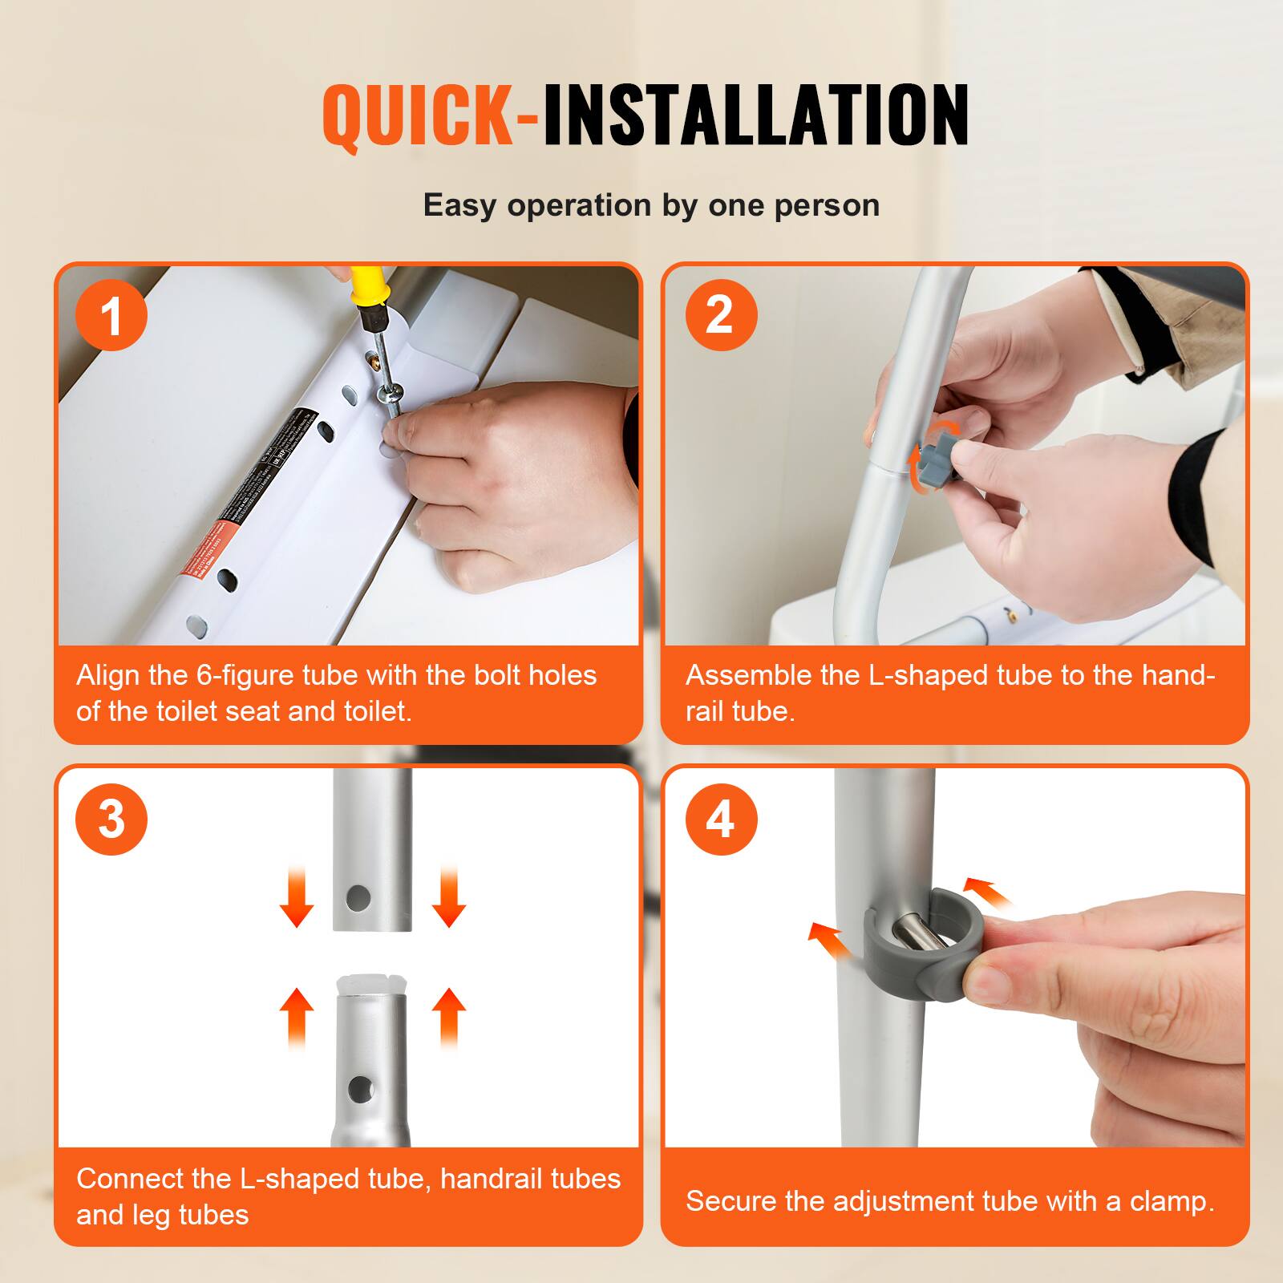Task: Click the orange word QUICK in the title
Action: (417, 116)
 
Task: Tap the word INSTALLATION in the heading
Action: (755, 116)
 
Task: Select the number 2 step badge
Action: (721, 315)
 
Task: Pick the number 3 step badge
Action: (111, 819)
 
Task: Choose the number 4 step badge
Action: (721, 819)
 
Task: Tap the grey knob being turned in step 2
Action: (935, 457)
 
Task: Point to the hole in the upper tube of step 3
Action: (358, 897)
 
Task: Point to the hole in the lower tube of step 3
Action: (358, 1088)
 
